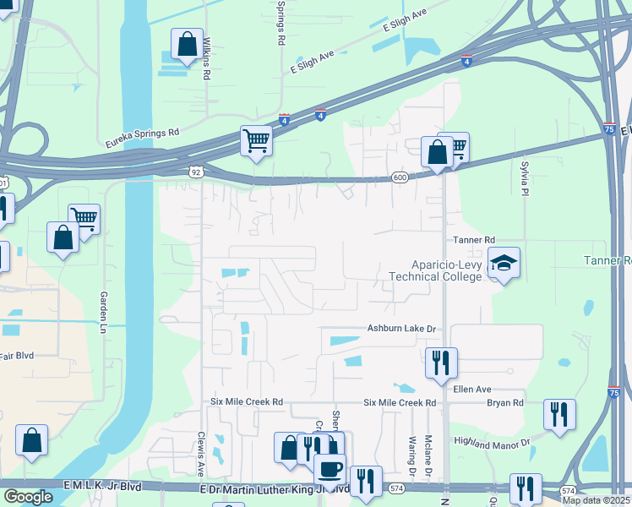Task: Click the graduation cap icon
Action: (x=504, y=264)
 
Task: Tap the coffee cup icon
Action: (x=330, y=467)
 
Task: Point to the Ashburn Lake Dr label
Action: (x=400, y=329)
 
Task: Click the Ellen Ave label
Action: (x=472, y=389)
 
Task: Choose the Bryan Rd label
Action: (x=505, y=403)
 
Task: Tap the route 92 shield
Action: (x=196, y=172)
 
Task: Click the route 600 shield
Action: (x=400, y=177)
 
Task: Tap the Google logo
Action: (x=28, y=497)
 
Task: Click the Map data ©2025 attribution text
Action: (x=595, y=500)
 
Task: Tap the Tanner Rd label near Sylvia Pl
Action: (x=473, y=241)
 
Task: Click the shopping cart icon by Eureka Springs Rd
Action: (x=256, y=141)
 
